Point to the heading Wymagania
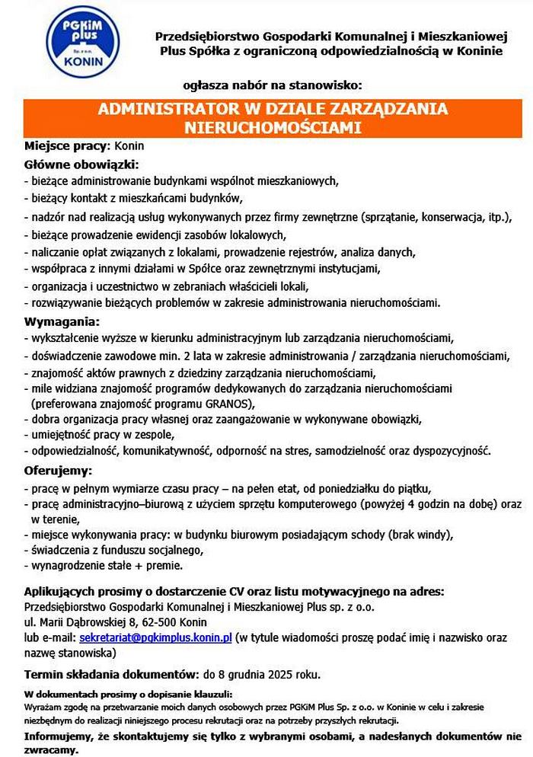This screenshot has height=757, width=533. [x=62, y=321]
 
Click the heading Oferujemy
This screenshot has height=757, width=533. [x=59, y=470]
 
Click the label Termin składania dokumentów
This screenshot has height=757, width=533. [x=110, y=674]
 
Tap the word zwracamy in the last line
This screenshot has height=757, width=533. [x=50, y=750]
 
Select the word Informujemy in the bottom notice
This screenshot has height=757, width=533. [x=59, y=736]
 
